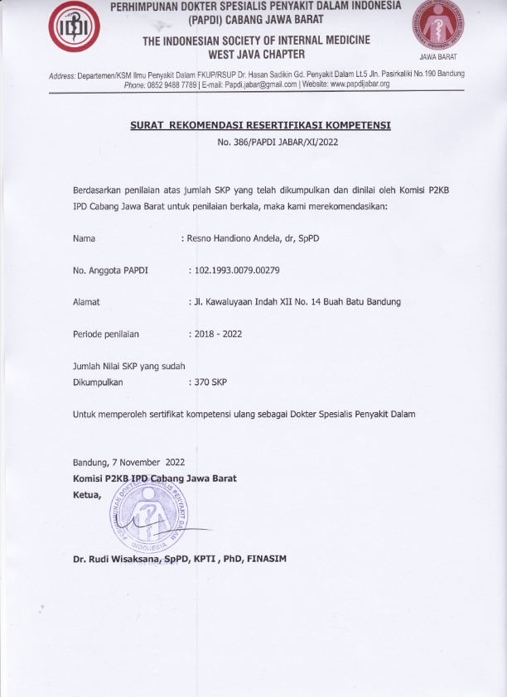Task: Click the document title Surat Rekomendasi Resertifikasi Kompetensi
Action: click(260, 126)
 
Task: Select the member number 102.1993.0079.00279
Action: click(237, 270)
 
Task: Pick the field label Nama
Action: click(84, 238)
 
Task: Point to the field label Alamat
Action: click(87, 302)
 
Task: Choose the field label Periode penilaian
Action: click(106, 334)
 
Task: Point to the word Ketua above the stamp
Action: click(87, 494)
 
